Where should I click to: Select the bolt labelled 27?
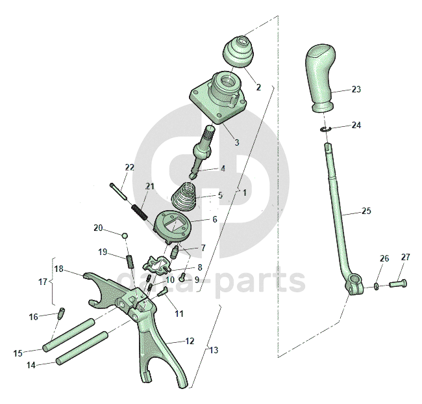point(397,284)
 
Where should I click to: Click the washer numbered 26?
point(377,286)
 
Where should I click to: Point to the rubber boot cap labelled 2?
point(239,52)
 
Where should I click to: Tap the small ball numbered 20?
point(125,235)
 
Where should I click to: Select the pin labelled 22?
point(118,189)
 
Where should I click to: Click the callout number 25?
point(367,211)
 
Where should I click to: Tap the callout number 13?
point(214,351)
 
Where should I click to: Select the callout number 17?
point(43,282)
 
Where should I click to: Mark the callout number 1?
point(244,193)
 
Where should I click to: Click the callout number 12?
point(190,341)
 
